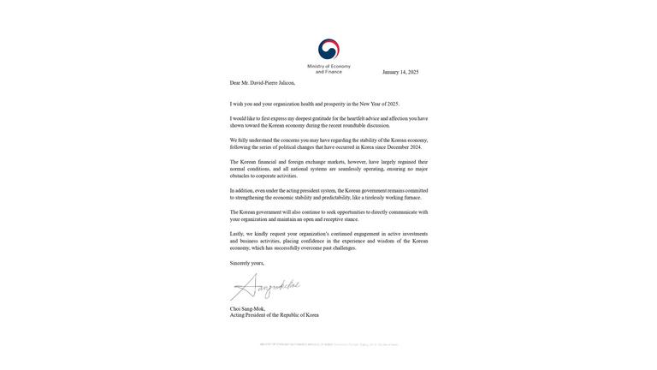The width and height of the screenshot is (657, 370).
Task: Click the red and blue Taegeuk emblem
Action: (328, 50)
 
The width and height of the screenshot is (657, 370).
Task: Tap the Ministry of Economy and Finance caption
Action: (328, 69)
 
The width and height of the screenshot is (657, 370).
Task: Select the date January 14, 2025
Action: (400, 72)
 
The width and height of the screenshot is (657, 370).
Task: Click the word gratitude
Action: (322, 119)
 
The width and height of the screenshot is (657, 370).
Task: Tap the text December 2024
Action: (405, 147)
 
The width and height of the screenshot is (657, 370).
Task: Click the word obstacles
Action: (239, 176)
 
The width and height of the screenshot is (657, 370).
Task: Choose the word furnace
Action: (413, 198)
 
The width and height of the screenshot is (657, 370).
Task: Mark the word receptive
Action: (334, 219)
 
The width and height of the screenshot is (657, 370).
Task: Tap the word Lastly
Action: (237, 234)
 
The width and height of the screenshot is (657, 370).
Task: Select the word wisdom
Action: (386, 241)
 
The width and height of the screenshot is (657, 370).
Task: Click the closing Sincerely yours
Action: (247, 264)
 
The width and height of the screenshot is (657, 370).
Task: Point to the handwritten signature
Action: (265, 287)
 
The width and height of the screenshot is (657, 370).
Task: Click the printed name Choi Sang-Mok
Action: (247, 309)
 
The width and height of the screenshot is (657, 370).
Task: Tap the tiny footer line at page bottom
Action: (329, 344)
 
